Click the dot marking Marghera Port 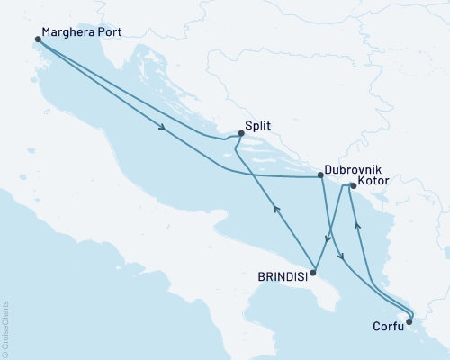(x=37, y=40)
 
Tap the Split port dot (x=240, y=134)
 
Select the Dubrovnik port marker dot (x=320, y=176)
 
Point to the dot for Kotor (x=353, y=186)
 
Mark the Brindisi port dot (x=312, y=272)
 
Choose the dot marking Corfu (x=408, y=321)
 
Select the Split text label (x=258, y=128)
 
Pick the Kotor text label (x=374, y=183)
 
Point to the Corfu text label (x=388, y=330)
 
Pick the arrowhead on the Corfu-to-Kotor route (x=357, y=225)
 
